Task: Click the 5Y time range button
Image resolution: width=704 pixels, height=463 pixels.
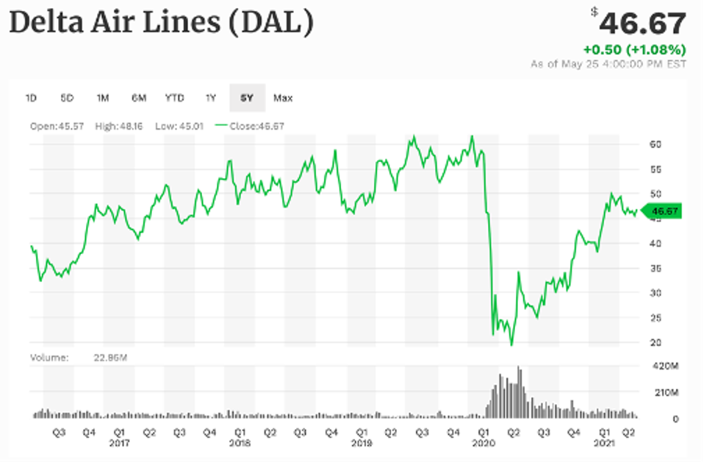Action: pyautogui.click(x=247, y=98)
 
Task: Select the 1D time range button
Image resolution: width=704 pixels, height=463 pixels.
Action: pyautogui.click(x=32, y=98)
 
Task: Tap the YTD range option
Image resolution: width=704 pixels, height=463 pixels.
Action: pyautogui.click(x=174, y=98)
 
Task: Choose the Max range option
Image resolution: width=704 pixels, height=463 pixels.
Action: pyautogui.click(x=283, y=98)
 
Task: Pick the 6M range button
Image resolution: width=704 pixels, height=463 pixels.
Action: pyautogui.click(x=139, y=98)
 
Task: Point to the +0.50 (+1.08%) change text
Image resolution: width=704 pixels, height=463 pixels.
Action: pyautogui.click(x=634, y=50)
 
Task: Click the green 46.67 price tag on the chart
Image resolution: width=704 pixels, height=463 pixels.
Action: pyautogui.click(x=663, y=211)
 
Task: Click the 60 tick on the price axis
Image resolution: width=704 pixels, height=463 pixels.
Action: pyautogui.click(x=656, y=144)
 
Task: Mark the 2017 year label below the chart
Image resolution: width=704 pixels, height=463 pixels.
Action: pyautogui.click(x=118, y=445)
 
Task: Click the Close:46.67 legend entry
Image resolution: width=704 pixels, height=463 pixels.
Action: pyautogui.click(x=250, y=126)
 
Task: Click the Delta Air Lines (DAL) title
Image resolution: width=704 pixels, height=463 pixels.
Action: pyautogui.click(x=161, y=24)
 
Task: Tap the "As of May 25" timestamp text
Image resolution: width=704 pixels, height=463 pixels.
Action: pyautogui.click(x=608, y=64)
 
